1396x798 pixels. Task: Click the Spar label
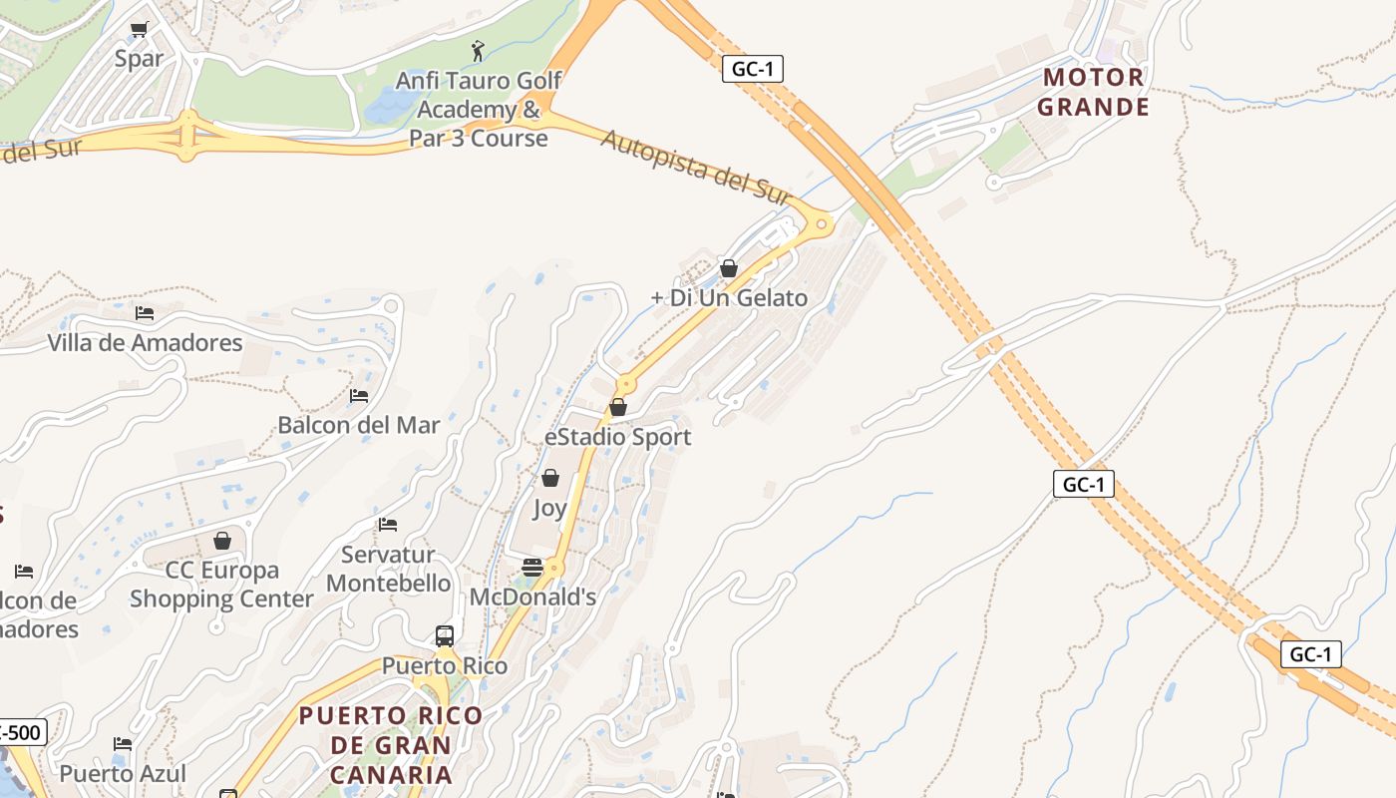[139, 59]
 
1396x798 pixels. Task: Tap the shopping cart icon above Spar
[139, 30]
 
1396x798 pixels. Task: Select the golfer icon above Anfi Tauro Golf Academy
[479, 49]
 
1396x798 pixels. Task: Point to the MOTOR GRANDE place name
[1094, 92]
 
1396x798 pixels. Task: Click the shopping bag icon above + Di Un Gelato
[729, 268]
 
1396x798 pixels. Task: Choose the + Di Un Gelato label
[729, 297]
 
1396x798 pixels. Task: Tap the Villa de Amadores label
[146, 343]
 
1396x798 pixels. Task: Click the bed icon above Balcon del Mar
[359, 396]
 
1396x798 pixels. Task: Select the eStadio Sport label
[617, 437]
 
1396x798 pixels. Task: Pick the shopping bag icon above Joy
[549, 479]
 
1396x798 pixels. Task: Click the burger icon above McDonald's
[532, 568]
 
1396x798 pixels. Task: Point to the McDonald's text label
[532, 597]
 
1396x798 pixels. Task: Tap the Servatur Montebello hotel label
[389, 569]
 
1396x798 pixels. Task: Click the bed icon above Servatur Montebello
[388, 525]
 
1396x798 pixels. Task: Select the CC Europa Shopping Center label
[221, 585]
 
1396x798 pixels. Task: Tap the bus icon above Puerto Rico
[445, 636]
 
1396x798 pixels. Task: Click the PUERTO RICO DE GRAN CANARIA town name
[391, 744]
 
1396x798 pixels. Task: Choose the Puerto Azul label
[123, 773]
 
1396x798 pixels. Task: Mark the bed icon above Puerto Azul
[123, 744]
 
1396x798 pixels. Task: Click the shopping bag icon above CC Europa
[222, 541]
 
